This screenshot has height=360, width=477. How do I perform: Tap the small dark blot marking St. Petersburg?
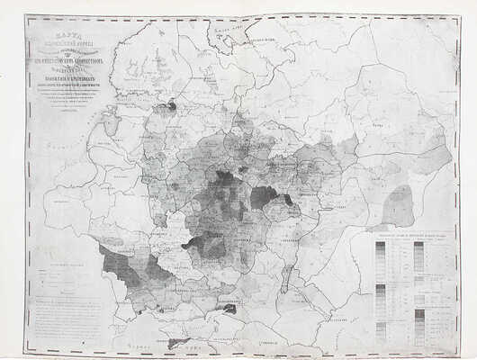(x=167, y=105)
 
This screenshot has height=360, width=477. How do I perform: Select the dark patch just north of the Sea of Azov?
(x=229, y=309)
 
